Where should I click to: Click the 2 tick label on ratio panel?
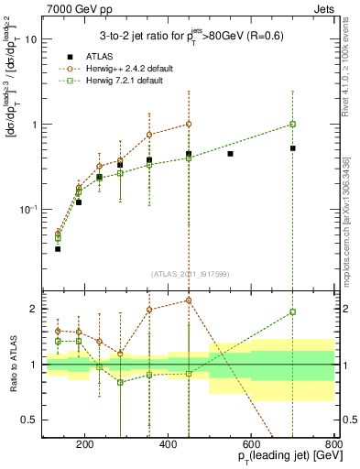(x=34, y=309)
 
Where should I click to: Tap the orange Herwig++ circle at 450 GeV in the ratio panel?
(x=189, y=300)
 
